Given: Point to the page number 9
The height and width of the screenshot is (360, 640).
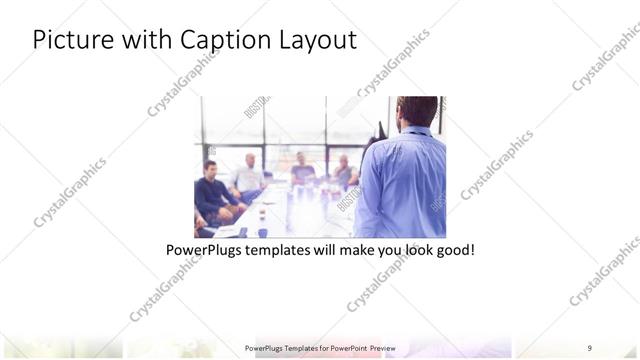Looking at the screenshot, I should click(x=590, y=347).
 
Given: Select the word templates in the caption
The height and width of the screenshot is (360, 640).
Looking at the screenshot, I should click(x=293, y=249).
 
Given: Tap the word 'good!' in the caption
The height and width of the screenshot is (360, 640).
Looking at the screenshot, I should click(x=454, y=249).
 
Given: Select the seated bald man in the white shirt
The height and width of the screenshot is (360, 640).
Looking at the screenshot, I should click(x=247, y=176).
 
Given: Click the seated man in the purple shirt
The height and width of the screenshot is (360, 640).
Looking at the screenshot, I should click(x=302, y=169).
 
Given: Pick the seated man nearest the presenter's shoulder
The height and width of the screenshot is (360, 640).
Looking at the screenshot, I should click(x=344, y=172).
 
